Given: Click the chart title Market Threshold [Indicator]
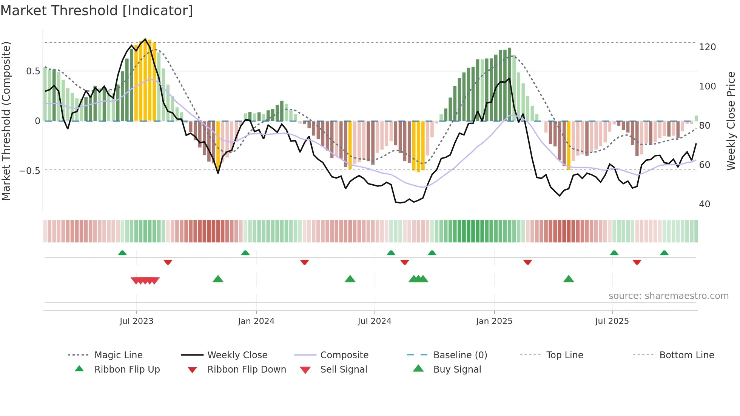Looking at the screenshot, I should pos(97,11).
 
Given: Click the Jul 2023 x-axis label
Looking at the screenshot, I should pos(136,321).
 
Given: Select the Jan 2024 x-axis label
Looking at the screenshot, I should pos(256,321).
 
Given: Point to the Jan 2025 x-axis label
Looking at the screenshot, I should pos(494,321).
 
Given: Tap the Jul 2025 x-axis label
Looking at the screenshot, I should pos(612,321).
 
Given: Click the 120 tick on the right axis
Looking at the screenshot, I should pos(707,47).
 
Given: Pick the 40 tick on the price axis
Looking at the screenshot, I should pos(705,204).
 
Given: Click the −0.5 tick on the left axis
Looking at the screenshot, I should pos(29,171).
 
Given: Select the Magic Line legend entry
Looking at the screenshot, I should pos(118,355).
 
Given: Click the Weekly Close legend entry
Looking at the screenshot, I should pos(237,355).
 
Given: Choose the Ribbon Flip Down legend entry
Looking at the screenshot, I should pos(247,370).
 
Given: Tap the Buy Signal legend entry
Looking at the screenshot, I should pos(457,370).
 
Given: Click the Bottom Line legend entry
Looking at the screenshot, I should pos(686,355).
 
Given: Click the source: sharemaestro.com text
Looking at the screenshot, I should pos(668,296).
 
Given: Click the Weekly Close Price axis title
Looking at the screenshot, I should pos(731,121).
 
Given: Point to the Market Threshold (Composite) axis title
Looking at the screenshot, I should pos(6,121).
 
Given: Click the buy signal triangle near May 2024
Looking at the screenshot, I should pos(350,279).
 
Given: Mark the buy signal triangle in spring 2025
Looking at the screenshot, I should pos(568,279).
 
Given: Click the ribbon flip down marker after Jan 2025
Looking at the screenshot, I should pos(527,262).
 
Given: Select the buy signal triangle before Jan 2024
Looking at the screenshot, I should pos(218,279).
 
